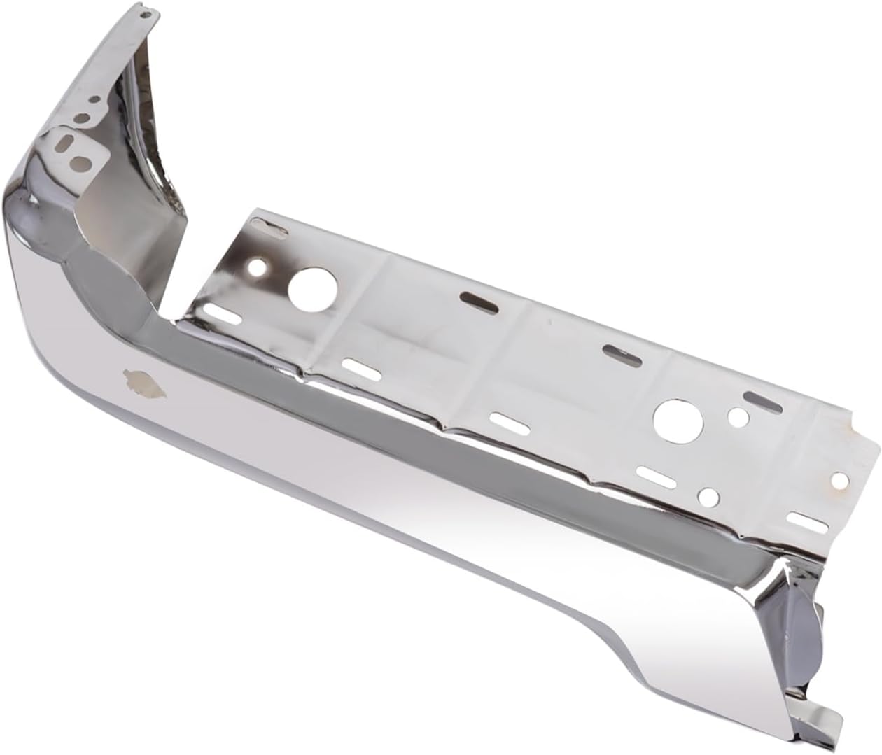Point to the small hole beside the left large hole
(x=260, y=267)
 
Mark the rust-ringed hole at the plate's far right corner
(x=839, y=479)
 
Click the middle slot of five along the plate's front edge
(x=505, y=422)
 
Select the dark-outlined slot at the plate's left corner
(x=268, y=225)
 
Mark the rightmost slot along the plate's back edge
(x=763, y=401)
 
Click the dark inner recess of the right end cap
(x=799, y=630)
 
